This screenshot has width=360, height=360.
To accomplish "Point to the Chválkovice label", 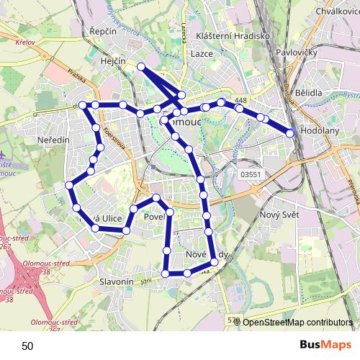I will click(337, 11).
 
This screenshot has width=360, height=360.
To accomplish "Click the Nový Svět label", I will click(279, 215).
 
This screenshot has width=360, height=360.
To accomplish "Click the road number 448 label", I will click(240, 100).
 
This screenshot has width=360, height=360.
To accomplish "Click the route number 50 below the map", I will click(27, 346).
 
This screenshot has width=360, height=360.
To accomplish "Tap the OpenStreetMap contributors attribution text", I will click(297, 323).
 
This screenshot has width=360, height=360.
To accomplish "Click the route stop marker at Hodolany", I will click(291, 132).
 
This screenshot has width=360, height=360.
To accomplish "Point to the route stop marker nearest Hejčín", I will click(141, 67).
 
